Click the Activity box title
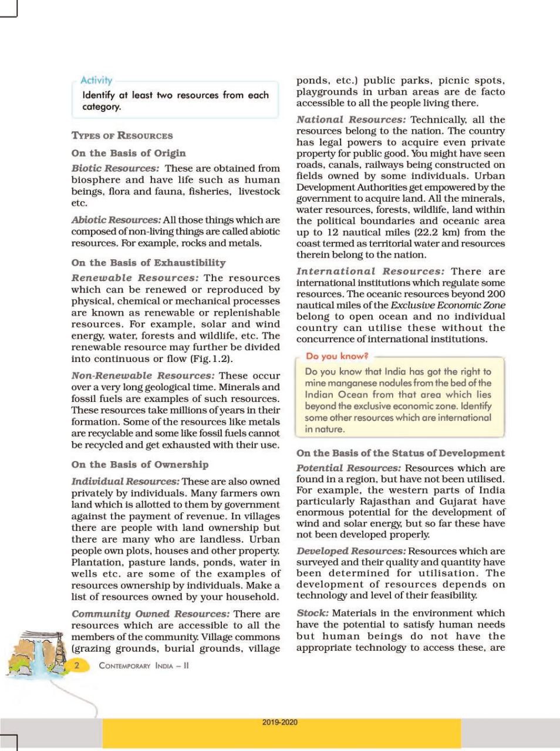point(96,80)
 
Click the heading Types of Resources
point(122,136)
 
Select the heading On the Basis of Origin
point(129,153)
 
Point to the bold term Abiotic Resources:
point(116,220)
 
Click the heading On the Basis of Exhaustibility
point(149,263)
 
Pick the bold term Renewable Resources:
point(135,278)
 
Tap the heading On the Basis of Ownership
point(140,465)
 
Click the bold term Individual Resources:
point(125,482)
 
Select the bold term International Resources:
point(370,272)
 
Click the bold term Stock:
point(312,613)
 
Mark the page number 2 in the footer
point(77,665)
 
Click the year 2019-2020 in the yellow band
point(280,722)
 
